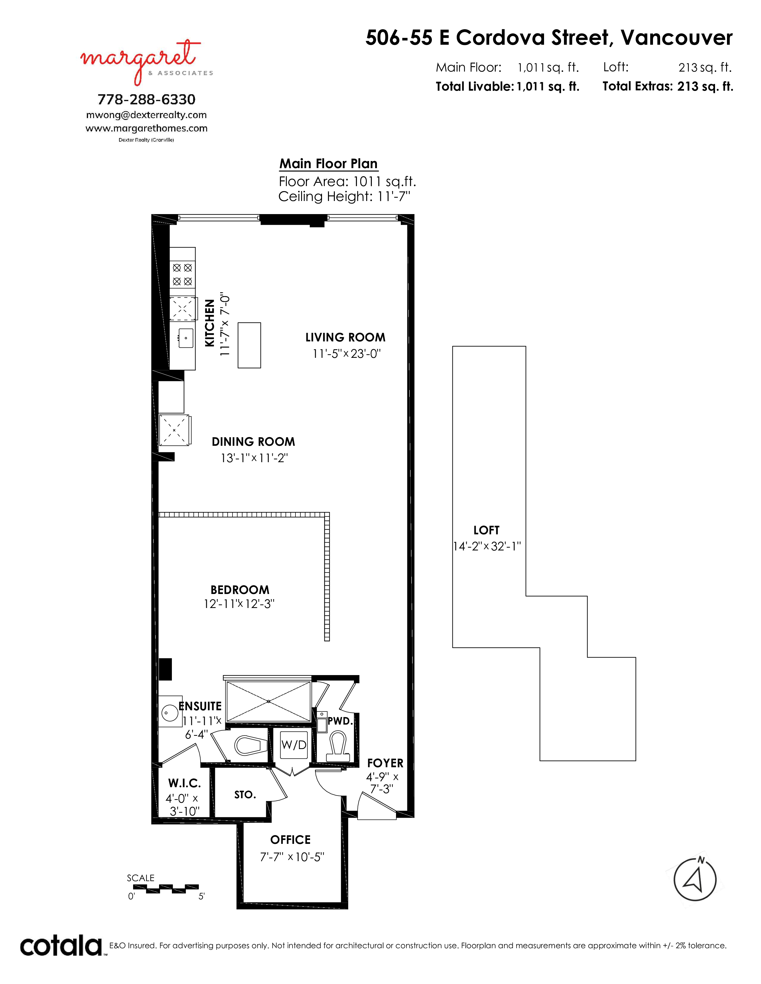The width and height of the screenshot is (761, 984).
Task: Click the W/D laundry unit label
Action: (x=294, y=745)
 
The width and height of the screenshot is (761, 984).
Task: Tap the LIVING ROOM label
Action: (x=345, y=338)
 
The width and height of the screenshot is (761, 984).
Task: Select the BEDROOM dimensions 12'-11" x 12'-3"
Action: (x=239, y=604)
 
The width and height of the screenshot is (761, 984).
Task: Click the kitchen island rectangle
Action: (x=249, y=345)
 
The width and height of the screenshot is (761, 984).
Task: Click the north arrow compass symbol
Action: (x=695, y=879)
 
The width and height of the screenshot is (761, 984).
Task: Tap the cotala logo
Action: (x=61, y=946)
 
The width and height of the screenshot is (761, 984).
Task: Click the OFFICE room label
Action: (x=290, y=840)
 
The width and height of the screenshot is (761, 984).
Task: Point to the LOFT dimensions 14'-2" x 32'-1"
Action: (x=487, y=546)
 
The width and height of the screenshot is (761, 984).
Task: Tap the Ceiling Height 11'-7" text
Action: (x=345, y=197)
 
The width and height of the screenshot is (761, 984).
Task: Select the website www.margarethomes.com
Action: (x=147, y=129)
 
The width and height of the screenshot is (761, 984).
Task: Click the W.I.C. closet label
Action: (x=184, y=783)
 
